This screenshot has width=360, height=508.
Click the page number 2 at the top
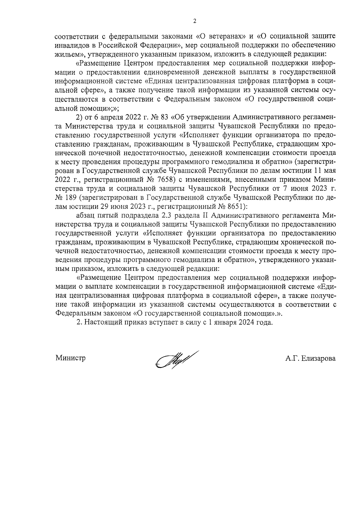pos(194,21)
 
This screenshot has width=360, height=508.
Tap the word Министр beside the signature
pos(70,358)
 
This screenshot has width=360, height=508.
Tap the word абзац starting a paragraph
pos(85,215)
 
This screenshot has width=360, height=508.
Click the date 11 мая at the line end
pos(324,170)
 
